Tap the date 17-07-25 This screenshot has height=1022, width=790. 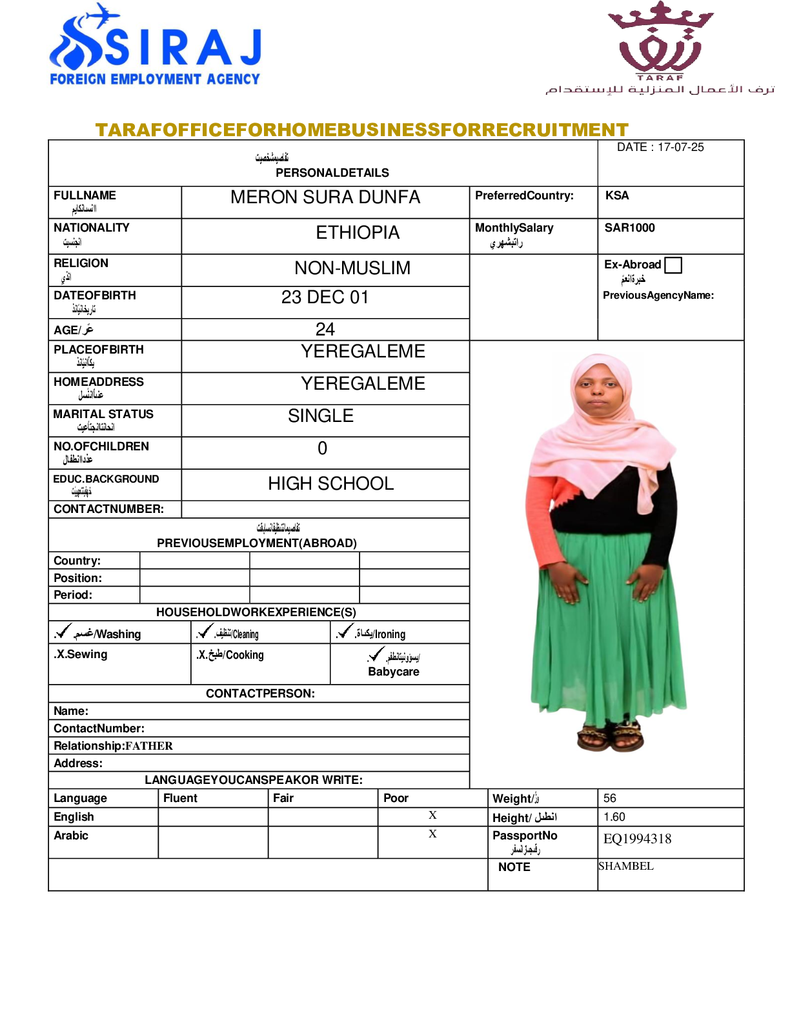[x=680, y=147]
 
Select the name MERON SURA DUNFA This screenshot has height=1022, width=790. [x=325, y=197]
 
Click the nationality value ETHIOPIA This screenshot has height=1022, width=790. [x=358, y=233]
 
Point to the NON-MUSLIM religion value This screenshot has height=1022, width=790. [x=352, y=268]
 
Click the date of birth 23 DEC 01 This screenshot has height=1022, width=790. [x=325, y=297]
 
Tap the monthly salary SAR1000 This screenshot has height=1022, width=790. [x=629, y=228]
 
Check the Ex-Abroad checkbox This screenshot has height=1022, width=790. [x=673, y=265]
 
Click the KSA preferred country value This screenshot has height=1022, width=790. [x=617, y=195]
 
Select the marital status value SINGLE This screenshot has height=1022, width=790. [x=321, y=416]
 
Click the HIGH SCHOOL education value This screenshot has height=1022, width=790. [x=330, y=484]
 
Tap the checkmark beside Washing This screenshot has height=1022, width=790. [x=63, y=631]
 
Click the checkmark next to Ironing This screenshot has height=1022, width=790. [x=345, y=631]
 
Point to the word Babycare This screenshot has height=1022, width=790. [x=394, y=672]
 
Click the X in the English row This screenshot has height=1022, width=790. [x=432, y=816]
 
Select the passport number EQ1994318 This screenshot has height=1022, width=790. [x=637, y=839]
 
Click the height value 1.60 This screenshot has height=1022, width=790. [x=614, y=817]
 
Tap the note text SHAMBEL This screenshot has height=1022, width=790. [x=626, y=866]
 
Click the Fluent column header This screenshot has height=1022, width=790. [x=181, y=798]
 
